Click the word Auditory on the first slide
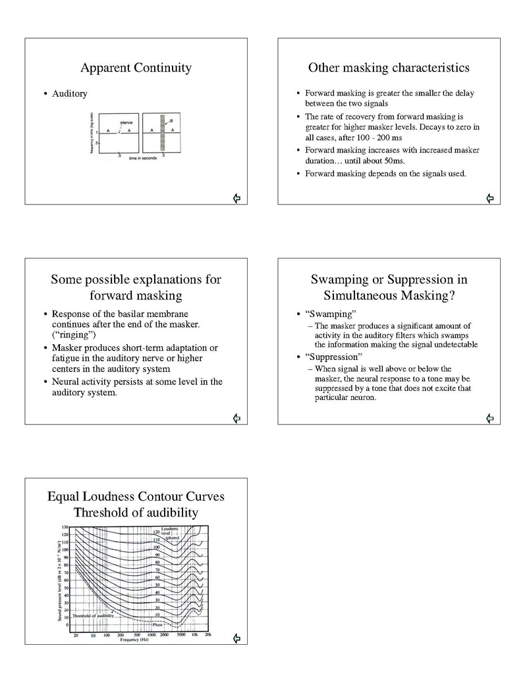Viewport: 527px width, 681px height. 70,94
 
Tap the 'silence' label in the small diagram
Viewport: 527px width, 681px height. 126,122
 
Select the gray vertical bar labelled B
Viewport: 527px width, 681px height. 162,133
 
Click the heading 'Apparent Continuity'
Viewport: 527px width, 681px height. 136,68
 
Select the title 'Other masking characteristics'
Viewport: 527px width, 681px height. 389,68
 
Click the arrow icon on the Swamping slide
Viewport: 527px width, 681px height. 489,418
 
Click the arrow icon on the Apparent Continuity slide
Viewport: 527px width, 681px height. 236,198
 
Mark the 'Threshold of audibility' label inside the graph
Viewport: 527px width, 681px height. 94,615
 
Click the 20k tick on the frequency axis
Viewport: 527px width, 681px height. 208,634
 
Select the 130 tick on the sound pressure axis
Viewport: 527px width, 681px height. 65,528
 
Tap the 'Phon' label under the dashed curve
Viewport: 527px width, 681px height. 158,624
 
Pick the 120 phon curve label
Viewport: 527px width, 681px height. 156,532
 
